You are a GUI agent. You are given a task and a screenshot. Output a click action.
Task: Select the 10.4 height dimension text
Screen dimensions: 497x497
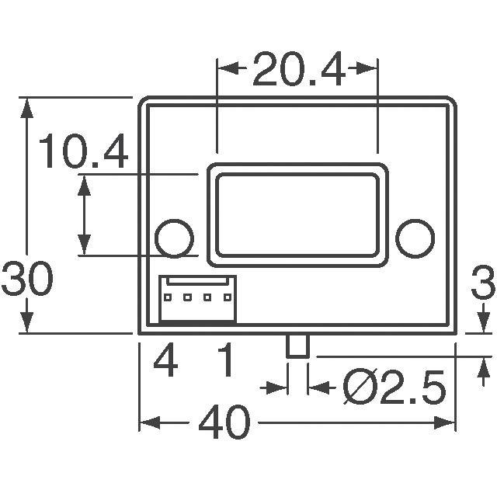(83, 152)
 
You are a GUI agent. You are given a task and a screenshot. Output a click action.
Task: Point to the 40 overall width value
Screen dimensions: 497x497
(224, 424)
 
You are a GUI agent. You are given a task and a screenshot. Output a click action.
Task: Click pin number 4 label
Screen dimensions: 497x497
(165, 361)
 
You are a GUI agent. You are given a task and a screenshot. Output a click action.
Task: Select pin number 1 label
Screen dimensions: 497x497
(225, 361)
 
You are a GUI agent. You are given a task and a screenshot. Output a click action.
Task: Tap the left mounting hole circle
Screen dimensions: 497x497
(174, 237)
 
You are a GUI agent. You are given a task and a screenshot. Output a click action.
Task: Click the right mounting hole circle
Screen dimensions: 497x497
(415, 237)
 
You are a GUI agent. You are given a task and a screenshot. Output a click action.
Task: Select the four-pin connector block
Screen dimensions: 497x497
(197, 298)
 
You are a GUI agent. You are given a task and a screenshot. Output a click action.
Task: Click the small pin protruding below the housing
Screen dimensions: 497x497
(297, 346)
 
